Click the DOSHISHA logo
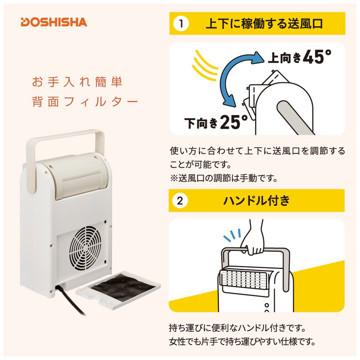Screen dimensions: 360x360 pyautogui.click(x=54, y=22)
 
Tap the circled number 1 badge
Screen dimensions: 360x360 pyautogui.click(x=181, y=24)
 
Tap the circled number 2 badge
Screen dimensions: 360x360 pyautogui.click(x=180, y=201)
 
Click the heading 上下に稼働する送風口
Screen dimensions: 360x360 pyautogui.click(x=264, y=24)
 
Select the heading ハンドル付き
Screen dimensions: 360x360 pyautogui.click(x=256, y=201)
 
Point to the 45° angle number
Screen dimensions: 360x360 pyautogui.click(x=317, y=57)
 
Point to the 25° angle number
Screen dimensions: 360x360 pyautogui.click(x=234, y=122)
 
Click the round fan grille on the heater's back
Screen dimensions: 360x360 pyautogui.click(x=85, y=248)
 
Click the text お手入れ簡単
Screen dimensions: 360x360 pyautogui.click(x=77, y=82)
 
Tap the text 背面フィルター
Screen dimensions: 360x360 pyautogui.click(x=85, y=102)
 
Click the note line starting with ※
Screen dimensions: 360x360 pyautogui.click(x=224, y=178)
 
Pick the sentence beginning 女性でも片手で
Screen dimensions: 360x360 pyautogui.click(x=242, y=342)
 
